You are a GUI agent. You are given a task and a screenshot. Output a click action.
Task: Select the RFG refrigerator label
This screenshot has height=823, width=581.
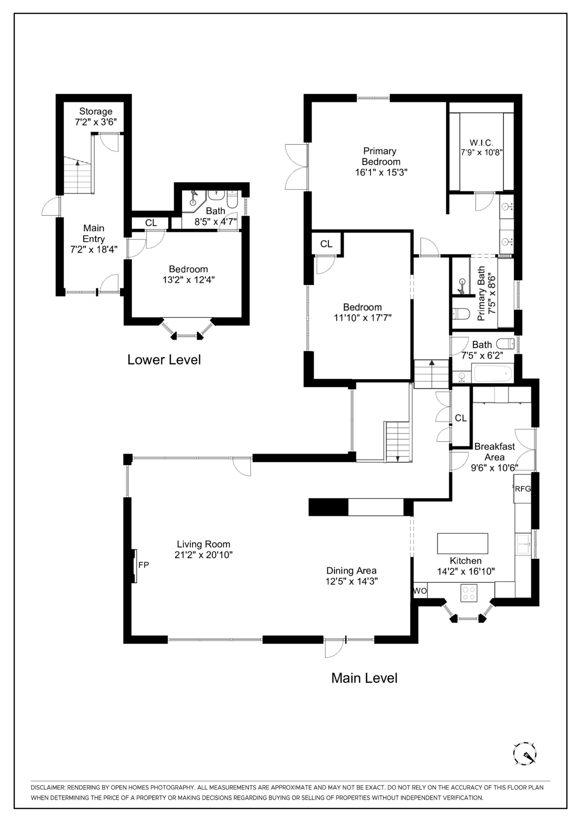point(522,489)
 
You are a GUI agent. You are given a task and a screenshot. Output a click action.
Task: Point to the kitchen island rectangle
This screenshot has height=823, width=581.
point(462,543)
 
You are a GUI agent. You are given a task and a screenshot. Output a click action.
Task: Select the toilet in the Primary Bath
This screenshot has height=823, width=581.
point(461,314)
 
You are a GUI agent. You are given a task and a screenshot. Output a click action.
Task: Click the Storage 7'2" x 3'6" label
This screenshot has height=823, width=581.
point(96,117)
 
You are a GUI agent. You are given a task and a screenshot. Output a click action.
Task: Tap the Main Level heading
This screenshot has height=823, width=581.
point(364,678)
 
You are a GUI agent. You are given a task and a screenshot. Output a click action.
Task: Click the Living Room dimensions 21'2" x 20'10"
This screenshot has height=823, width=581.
point(203,554)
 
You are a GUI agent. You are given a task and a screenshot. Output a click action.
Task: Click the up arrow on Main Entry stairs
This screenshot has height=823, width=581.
point(77,163)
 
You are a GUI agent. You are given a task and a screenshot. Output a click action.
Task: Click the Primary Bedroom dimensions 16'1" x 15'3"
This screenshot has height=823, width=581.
point(381,172)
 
